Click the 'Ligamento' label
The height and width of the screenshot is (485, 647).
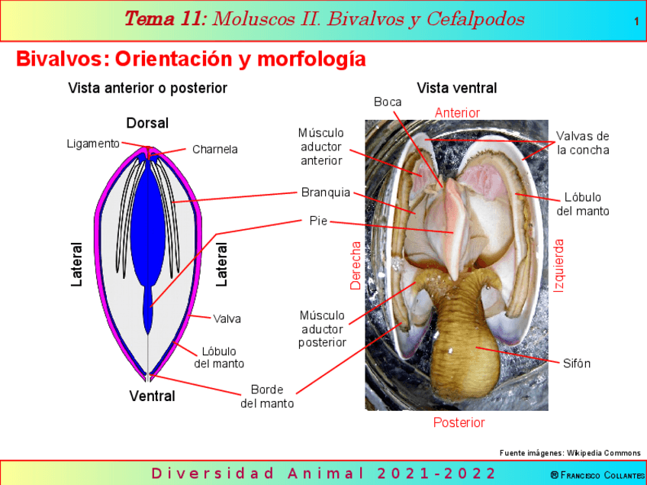(x=93, y=143)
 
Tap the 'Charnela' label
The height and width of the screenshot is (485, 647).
(x=214, y=150)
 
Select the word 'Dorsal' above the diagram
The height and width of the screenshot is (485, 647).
(x=147, y=123)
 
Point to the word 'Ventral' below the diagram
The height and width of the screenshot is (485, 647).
(x=152, y=396)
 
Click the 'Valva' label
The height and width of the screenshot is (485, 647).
(x=227, y=318)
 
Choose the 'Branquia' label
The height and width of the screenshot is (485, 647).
(x=325, y=192)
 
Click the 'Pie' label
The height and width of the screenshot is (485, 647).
(x=318, y=221)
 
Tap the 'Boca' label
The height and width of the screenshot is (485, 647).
(x=388, y=102)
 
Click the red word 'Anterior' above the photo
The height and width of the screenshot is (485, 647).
(x=457, y=113)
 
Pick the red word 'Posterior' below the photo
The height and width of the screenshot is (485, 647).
(x=459, y=422)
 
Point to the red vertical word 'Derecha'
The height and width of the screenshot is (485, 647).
(x=356, y=266)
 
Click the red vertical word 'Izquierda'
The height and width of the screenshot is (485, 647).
(x=559, y=265)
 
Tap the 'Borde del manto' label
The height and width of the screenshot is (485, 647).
(x=267, y=396)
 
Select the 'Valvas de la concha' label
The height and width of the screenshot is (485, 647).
(x=583, y=143)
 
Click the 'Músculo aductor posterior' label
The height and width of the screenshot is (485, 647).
(x=322, y=328)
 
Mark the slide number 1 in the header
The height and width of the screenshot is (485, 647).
(x=636, y=21)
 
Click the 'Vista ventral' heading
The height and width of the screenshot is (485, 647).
(x=456, y=88)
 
